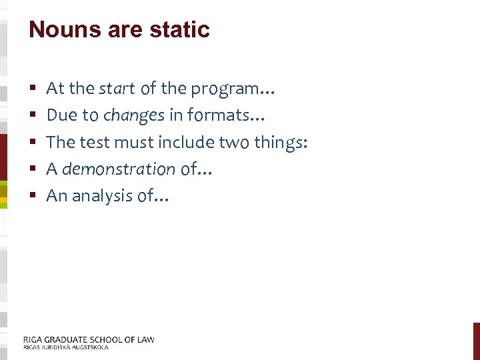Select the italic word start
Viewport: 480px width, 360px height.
point(117,88)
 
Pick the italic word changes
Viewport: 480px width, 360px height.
point(133,115)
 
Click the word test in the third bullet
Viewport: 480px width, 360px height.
point(93,142)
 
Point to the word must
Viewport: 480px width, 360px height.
point(135,142)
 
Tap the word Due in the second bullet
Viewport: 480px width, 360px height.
point(62,115)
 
